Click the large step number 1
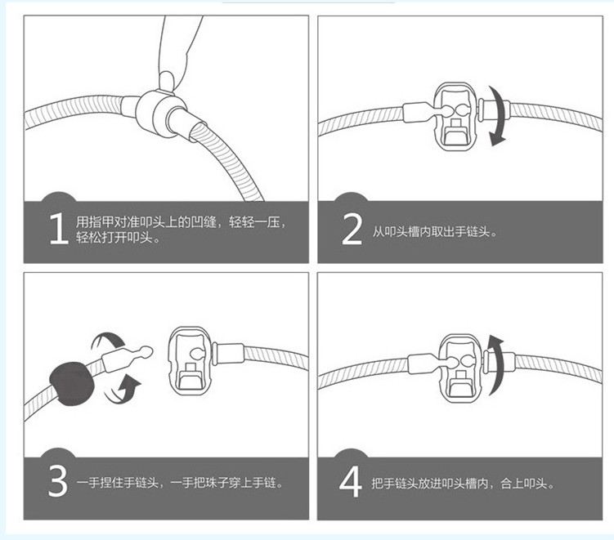coord(59,230)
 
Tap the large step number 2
coord(352,229)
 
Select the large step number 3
coord(58,482)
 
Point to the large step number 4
coord(350,482)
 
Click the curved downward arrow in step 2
coord(498,116)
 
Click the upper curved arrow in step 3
coord(109,341)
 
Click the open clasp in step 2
coord(455,116)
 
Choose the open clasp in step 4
coord(460,368)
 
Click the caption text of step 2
coord(435,232)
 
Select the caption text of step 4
coord(464,484)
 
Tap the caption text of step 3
coord(180,483)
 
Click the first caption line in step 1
coord(181,222)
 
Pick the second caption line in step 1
coord(119,237)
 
